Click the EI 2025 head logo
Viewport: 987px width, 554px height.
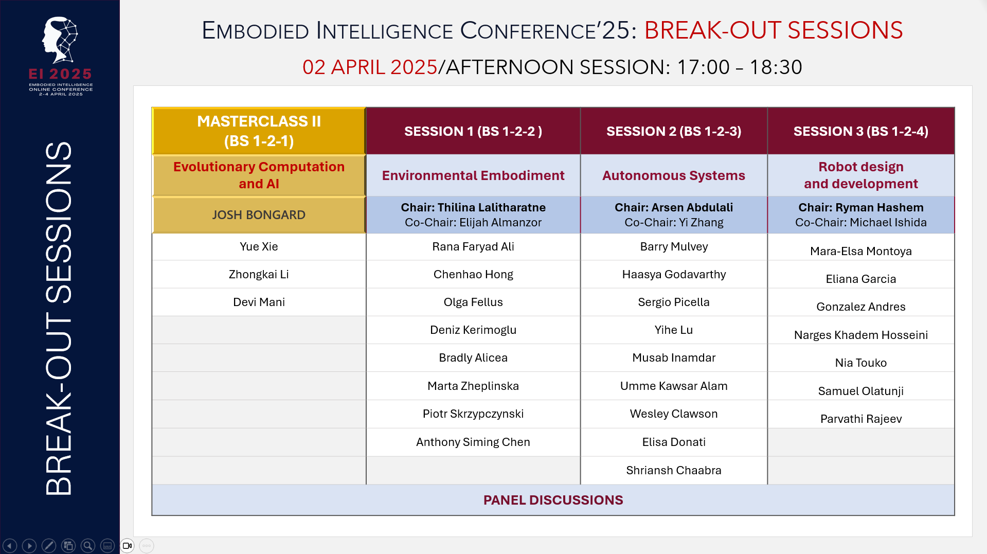60,40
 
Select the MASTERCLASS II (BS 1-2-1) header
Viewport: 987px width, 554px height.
259,131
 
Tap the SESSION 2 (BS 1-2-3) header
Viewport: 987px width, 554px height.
673,131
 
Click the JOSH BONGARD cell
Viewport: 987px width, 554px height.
259,215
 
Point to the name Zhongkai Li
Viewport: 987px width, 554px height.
259,274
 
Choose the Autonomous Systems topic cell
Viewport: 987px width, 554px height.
673,175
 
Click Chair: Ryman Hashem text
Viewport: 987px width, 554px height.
860,207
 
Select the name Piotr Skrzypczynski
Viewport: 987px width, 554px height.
473,414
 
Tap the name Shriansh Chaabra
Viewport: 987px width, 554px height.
673,470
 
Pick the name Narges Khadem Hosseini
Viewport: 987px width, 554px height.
860,335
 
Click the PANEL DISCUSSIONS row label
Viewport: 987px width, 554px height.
553,500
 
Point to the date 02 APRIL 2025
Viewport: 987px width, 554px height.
369,67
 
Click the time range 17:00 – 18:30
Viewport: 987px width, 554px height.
739,67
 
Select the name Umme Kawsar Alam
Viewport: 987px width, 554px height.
673,386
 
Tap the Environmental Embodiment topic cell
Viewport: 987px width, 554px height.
473,175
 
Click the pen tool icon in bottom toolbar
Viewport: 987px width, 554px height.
49,545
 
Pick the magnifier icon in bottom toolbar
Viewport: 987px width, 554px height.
88,545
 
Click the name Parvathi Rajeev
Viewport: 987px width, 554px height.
860,419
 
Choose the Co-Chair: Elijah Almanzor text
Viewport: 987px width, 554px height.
473,222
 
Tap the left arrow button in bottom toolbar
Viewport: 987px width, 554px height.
10,545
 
